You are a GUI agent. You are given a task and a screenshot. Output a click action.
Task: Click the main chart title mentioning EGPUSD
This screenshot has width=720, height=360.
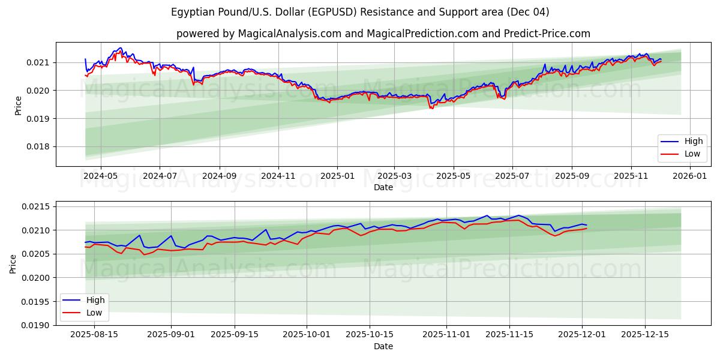coord(359,12)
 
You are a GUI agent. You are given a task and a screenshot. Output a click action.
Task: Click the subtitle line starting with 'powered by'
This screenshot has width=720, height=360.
coord(383,34)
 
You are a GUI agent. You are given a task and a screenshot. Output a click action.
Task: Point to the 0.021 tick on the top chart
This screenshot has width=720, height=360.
coord(40,62)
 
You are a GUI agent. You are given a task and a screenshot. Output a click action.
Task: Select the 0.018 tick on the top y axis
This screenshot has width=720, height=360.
coord(40,146)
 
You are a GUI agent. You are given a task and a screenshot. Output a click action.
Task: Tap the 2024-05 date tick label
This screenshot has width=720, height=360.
coord(100,176)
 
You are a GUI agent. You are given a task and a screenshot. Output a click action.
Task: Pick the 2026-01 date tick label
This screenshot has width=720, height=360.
coord(690,176)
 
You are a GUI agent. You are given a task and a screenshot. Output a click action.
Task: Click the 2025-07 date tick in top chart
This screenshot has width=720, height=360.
coord(512,176)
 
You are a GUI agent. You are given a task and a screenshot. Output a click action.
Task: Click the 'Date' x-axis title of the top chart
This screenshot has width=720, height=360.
coord(383,187)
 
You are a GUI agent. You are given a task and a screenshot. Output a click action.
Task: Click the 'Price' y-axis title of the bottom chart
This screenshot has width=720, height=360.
coord(14,263)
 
